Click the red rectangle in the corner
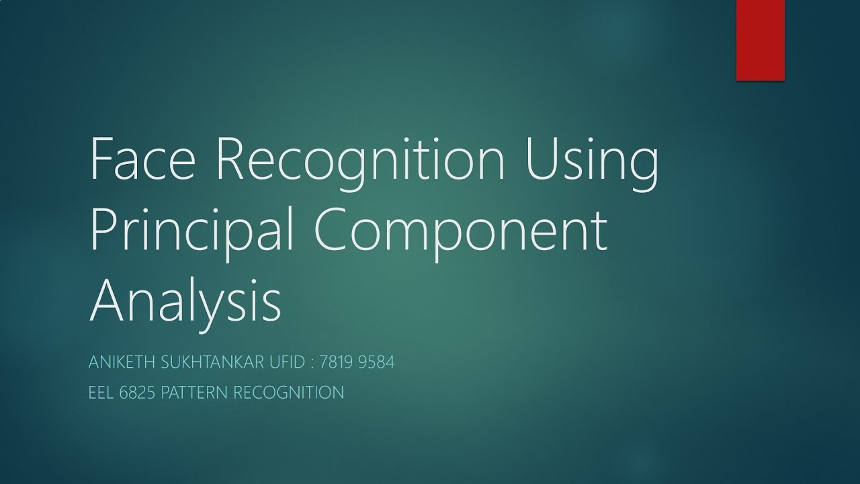click(761, 40)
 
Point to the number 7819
click(339, 363)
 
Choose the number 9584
click(378, 363)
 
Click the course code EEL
click(101, 393)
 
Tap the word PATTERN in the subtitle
click(196, 393)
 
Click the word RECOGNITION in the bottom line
click(289, 393)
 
